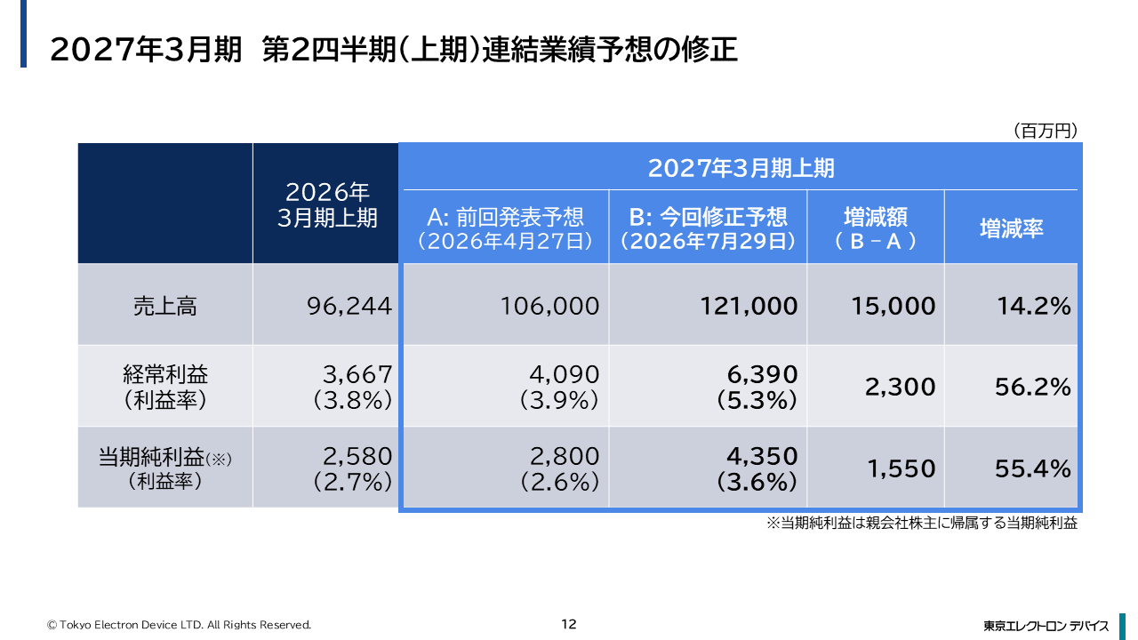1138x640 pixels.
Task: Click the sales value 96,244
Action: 349,307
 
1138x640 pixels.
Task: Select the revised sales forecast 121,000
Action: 749,307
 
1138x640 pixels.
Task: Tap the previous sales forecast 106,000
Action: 549,307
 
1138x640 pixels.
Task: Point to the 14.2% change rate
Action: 1034,307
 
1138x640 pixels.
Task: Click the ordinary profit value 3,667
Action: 357,375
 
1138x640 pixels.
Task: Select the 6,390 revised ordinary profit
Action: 762,375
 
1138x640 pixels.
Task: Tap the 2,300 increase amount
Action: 901,387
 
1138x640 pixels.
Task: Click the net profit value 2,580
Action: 357,456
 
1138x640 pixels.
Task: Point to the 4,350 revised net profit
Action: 762,456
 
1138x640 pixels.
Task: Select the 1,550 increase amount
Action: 902,468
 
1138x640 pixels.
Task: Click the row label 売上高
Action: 165,307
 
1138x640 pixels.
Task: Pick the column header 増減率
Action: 1012,228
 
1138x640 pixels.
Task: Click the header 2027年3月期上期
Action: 741,168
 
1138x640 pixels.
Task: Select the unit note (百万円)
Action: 1046,131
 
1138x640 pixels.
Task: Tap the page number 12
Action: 568,624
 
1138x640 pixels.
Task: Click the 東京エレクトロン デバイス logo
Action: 1046,626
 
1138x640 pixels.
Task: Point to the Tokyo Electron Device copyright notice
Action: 179,625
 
